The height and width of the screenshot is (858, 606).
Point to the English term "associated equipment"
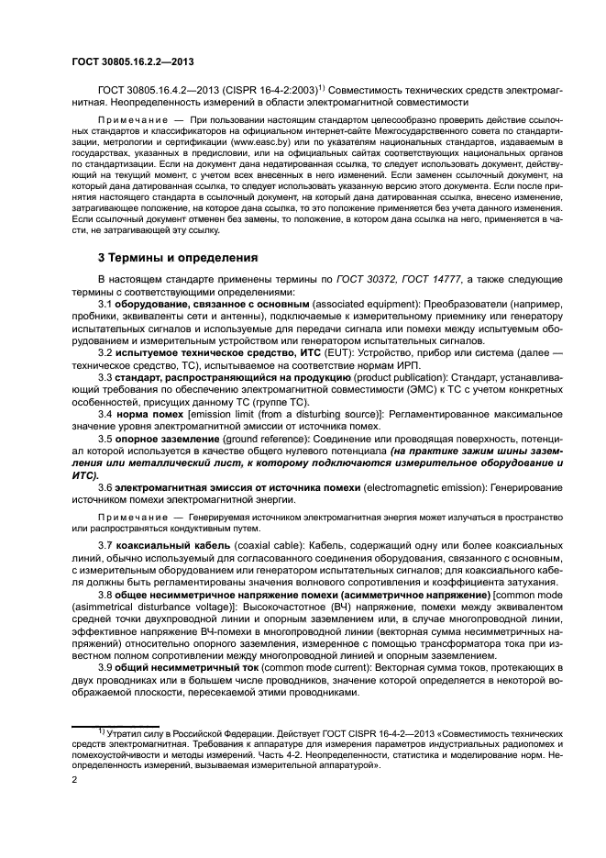(361, 302)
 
